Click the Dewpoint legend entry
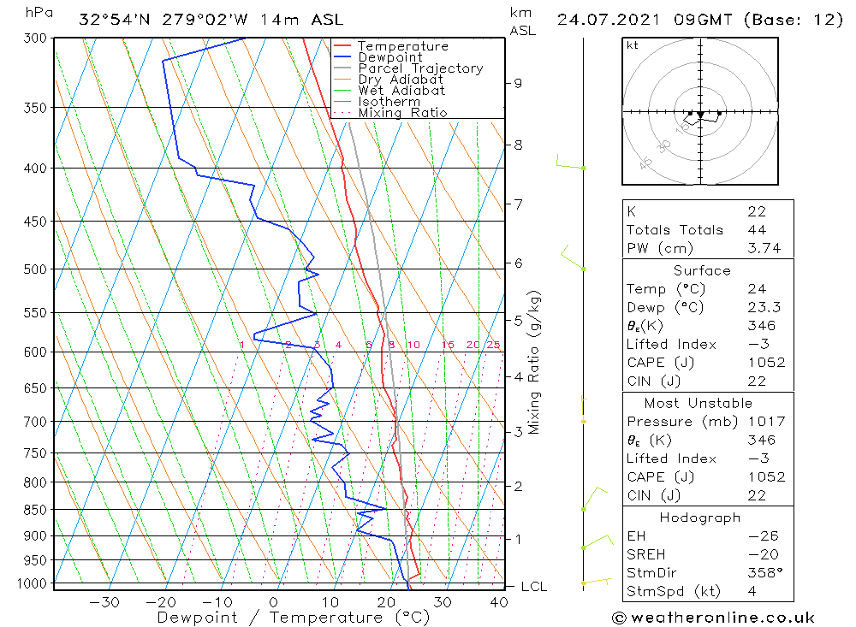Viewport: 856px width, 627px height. [x=389, y=57]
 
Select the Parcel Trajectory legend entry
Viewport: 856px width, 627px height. [x=420, y=68]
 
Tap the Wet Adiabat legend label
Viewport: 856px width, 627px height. [x=401, y=91]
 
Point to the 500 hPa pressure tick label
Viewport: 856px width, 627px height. [x=35, y=269]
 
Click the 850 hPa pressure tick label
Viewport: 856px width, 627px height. [x=35, y=510]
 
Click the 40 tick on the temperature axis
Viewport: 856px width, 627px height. [x=498, y=602]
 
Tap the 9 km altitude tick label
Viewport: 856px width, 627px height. [x=518, y=83]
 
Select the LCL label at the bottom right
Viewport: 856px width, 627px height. [x=533, y=587]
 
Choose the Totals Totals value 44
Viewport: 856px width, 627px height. [x=756, y=230]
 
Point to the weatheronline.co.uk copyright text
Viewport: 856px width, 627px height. [x=713, y=618]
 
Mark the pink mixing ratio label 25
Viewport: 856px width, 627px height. [x=493, y=346]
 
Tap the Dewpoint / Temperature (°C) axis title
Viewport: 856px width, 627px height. [x=294, y=618]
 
